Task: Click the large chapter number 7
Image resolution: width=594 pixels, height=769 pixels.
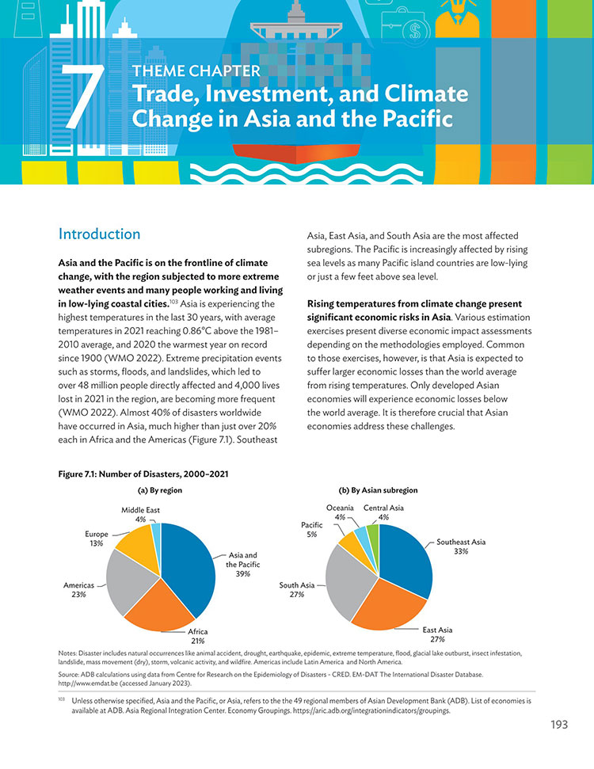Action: [83, 96]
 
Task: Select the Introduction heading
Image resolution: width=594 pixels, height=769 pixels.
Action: [99, 234]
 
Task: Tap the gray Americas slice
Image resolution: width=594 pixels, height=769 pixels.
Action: [128, 581]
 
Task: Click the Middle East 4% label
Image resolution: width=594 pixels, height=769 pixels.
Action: [140, 515]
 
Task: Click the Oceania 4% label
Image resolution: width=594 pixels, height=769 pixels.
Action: [340, 512]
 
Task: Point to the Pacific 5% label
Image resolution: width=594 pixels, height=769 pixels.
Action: [312, 530]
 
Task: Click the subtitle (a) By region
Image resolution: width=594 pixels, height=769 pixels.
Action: [159, 490]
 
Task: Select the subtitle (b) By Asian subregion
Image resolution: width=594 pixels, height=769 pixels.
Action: [378, 490]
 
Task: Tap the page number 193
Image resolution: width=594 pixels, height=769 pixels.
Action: [559, 725]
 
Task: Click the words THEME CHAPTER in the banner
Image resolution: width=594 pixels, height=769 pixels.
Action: [196, 71]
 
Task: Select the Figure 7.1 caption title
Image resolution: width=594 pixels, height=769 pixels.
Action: [143, 474]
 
